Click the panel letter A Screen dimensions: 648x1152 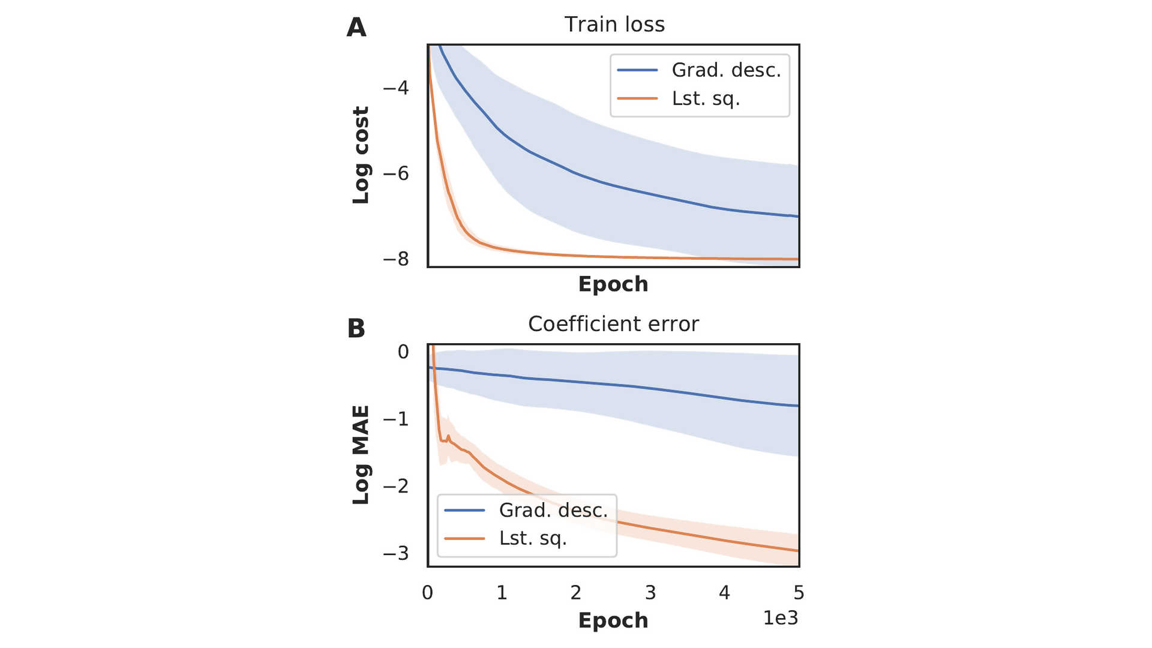356,28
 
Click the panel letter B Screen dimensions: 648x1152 356,328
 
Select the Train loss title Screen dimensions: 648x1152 614,25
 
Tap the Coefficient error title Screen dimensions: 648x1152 613,324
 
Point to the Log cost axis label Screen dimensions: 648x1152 361,155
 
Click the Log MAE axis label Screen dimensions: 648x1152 361,455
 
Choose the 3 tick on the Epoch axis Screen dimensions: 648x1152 650,593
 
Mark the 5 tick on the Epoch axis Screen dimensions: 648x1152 799,593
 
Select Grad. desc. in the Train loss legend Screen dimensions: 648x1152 726,70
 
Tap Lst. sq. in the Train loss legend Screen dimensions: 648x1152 706,98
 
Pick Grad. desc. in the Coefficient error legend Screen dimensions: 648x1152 553,510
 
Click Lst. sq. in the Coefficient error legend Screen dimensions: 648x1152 533,538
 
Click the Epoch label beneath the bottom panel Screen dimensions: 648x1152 613,620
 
